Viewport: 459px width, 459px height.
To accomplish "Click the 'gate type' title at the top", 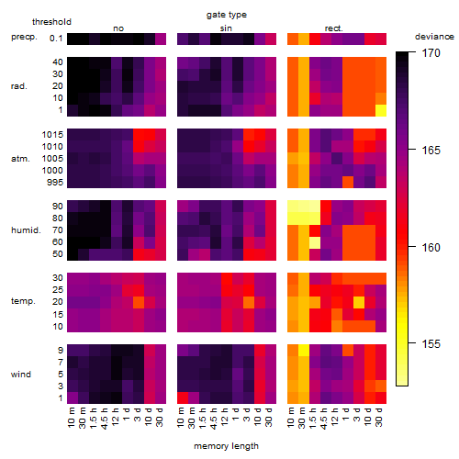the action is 227,15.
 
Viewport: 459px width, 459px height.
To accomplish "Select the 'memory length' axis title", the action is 226,446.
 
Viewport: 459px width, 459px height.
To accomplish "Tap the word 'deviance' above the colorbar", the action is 434,37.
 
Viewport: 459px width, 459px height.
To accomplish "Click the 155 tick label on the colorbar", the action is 431,344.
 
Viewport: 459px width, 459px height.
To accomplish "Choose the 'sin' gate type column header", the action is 226,28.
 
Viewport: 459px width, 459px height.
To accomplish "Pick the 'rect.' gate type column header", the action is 333,28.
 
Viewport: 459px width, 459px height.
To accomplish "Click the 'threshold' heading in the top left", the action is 51,22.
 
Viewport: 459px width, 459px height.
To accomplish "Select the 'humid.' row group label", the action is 26,230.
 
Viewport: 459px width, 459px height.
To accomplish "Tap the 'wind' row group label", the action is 21,375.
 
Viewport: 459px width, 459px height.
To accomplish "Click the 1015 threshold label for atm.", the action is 52,135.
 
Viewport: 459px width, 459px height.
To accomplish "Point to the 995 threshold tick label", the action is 55,183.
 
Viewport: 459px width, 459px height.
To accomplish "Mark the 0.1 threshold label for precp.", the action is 56,39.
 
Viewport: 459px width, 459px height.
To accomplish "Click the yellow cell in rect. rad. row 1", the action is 381,110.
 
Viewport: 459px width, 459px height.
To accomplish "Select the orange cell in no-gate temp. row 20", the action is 139,302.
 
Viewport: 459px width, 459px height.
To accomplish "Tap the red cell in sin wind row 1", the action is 183,397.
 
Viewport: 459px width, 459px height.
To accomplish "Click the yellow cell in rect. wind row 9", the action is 304,350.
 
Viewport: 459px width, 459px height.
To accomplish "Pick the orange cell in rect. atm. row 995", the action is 348,182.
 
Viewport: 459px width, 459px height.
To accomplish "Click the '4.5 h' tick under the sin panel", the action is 214,418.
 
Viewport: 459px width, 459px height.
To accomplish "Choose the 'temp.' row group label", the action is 23,301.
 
